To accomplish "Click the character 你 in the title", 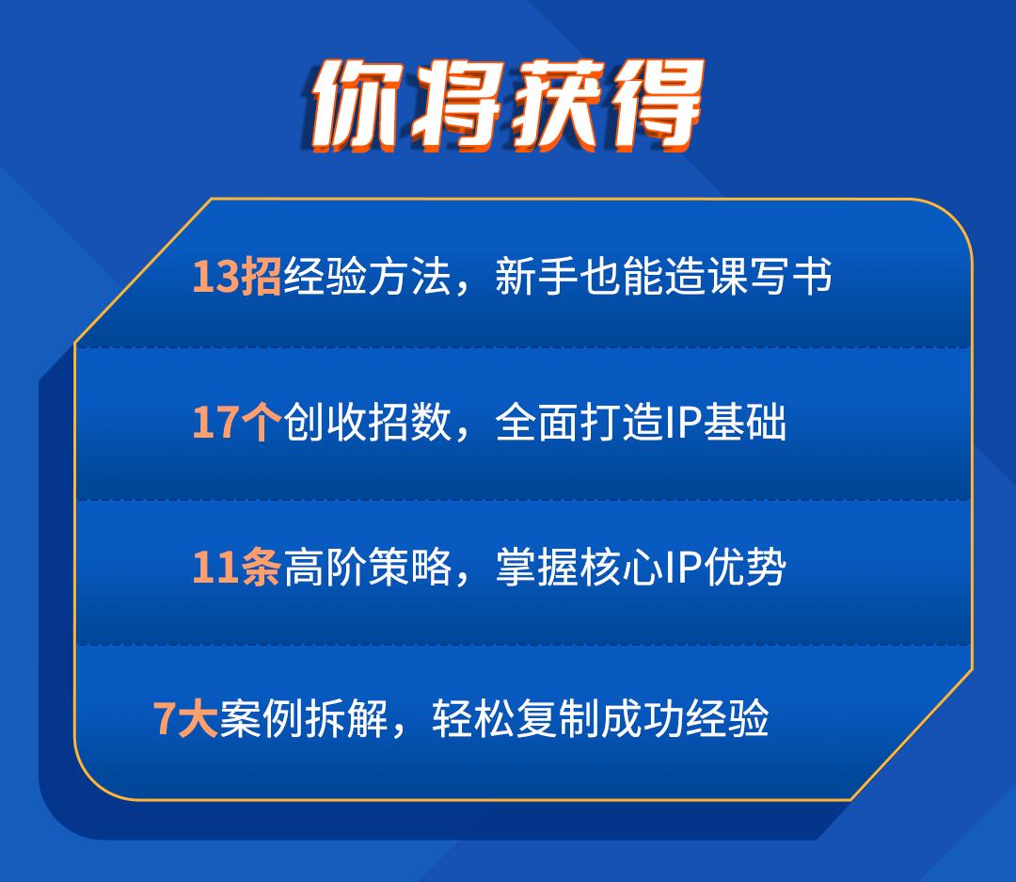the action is click(x=357, y=105).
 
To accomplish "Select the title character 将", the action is click(x=458, y=105).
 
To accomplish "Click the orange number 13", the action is click(x=215, y=277).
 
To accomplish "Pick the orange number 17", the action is click(x=215, y=423).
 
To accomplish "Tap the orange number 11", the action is click(x=215, y=568).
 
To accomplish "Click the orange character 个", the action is click(x=261, y=423).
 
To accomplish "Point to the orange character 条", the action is click(x=261, y=568).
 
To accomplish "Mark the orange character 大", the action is click(x=197, y=718).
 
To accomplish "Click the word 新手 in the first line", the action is click(x=536, y=277).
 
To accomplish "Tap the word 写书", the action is click(x=789, y=277).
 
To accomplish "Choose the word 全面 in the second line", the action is click(x=536, y=423).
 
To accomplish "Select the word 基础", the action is click(x=745, y=423).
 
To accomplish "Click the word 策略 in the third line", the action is click(x=409, y=568).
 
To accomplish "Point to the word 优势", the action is click(x=745, y=568).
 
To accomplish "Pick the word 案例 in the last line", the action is click(x=262, y=718).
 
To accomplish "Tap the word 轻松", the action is click(x=473, y=718).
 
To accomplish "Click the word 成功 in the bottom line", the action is click(x=642, y=718).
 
